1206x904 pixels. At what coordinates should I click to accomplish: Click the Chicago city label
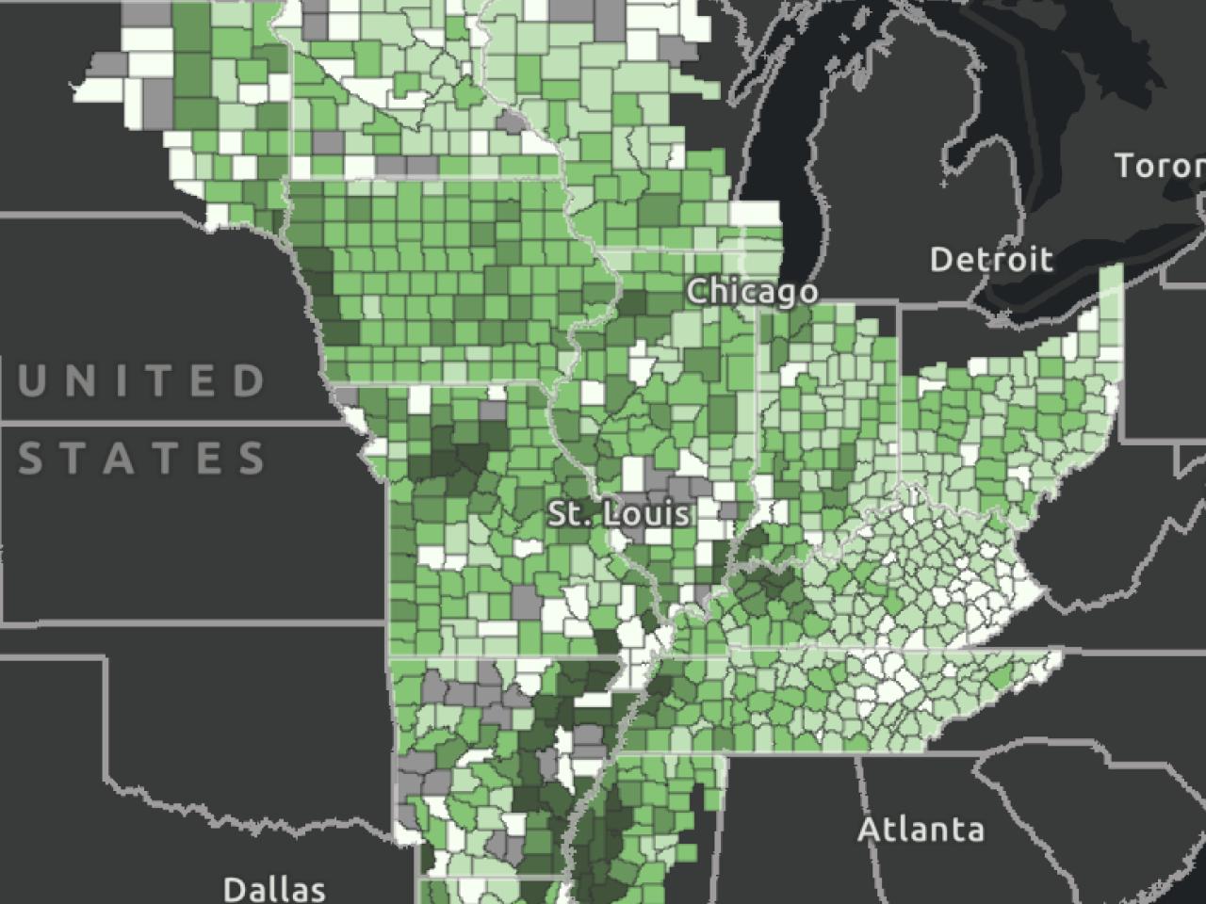(x=752, y=291)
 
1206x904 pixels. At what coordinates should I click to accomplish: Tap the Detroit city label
(x=990, y=259)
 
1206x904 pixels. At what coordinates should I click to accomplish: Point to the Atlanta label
(x=921, y=830)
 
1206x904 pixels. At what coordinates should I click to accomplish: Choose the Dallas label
(x=274, y=888)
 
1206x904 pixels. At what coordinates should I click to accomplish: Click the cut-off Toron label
(x=1160, y=166)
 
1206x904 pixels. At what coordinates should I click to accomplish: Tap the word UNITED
(x=142, y=380)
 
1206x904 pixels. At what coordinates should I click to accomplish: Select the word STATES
(x=142, y=459)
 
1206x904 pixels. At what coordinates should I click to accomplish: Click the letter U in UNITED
(x=32, y=380)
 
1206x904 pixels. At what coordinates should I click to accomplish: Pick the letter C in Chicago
(x=698, y=291)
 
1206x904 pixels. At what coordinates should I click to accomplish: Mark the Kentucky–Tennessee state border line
(x=848, y=650)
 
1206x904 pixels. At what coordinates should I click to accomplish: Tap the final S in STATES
(x=253, y=459)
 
